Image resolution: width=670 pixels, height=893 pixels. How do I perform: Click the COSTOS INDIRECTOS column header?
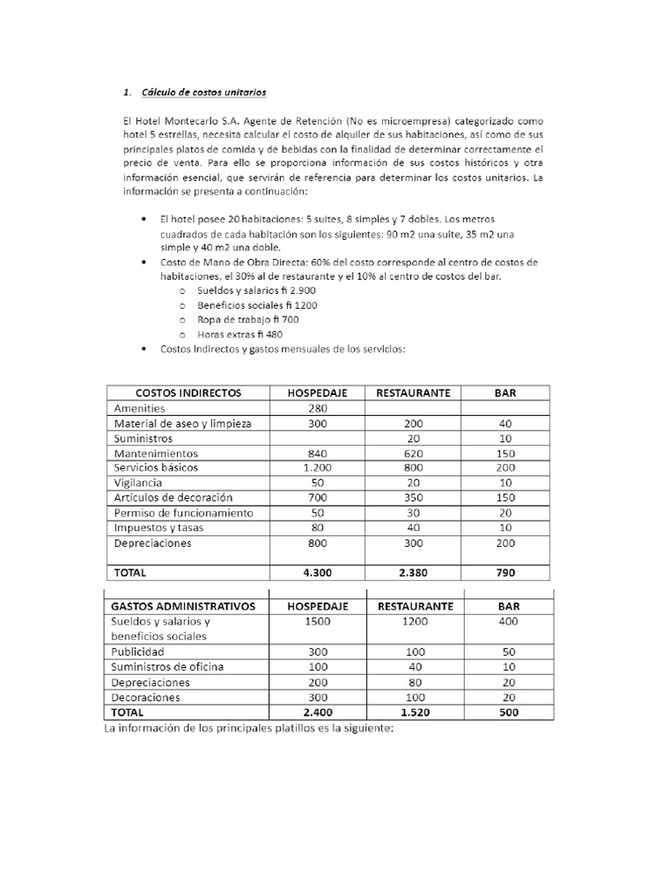(188, 393)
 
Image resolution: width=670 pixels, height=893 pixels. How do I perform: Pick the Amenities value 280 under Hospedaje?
(318, 408)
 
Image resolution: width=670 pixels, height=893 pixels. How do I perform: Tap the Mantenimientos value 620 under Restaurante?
(414, 454)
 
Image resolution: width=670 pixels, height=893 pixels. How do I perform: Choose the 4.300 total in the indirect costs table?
(318, 573)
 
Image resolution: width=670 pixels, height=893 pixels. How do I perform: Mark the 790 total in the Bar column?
(505, 573)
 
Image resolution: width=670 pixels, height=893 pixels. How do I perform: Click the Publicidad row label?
(142, 651)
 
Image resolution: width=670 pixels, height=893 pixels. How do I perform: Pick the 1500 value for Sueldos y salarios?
(318, 621)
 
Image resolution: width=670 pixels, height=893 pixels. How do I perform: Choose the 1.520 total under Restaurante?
(414, 712)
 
